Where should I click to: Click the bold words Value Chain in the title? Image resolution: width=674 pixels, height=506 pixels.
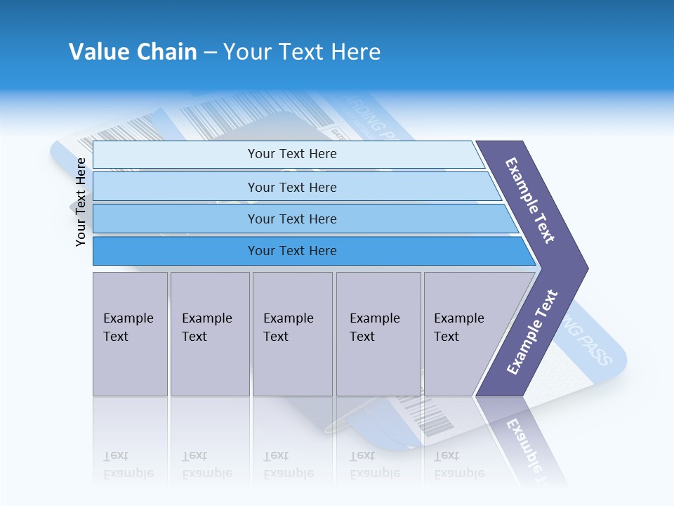tap(133, 51)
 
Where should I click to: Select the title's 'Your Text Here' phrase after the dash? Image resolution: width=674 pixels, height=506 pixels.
tap(302, 51)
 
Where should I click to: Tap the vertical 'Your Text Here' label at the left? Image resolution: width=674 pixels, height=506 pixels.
tap(81, 202)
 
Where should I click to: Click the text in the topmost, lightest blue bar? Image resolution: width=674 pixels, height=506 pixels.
tap(292, 154)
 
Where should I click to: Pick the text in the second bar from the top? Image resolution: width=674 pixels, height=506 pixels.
tap(292, 188)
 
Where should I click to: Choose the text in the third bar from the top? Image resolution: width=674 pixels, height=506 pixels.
tap(292, 219)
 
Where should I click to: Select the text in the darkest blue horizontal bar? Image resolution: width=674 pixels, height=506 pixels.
tap(292, 251)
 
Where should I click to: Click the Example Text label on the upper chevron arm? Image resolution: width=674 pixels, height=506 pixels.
tap(530, 200)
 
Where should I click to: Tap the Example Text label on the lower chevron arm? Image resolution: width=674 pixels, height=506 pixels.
tap(531, 332)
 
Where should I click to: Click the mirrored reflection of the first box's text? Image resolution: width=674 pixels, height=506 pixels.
tap(128, 465)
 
